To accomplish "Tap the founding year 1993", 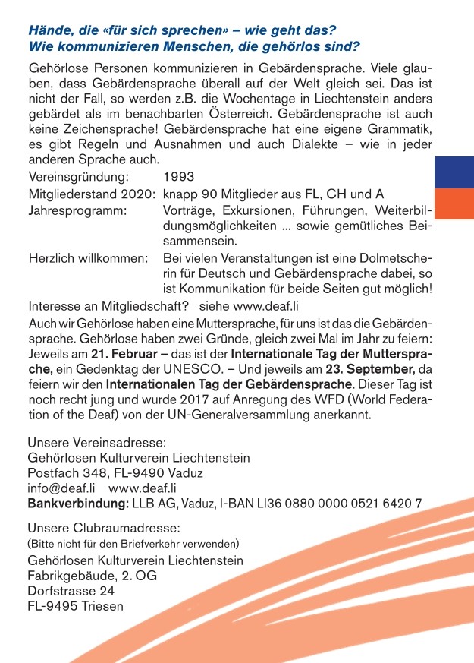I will point(178,176).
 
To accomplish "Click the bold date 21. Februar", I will point(121,354).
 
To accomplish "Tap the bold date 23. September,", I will point(372,370).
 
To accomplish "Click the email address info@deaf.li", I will point(61,488).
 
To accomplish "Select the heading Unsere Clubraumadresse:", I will point(103,527).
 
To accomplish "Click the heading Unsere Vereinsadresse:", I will point(96,443).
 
